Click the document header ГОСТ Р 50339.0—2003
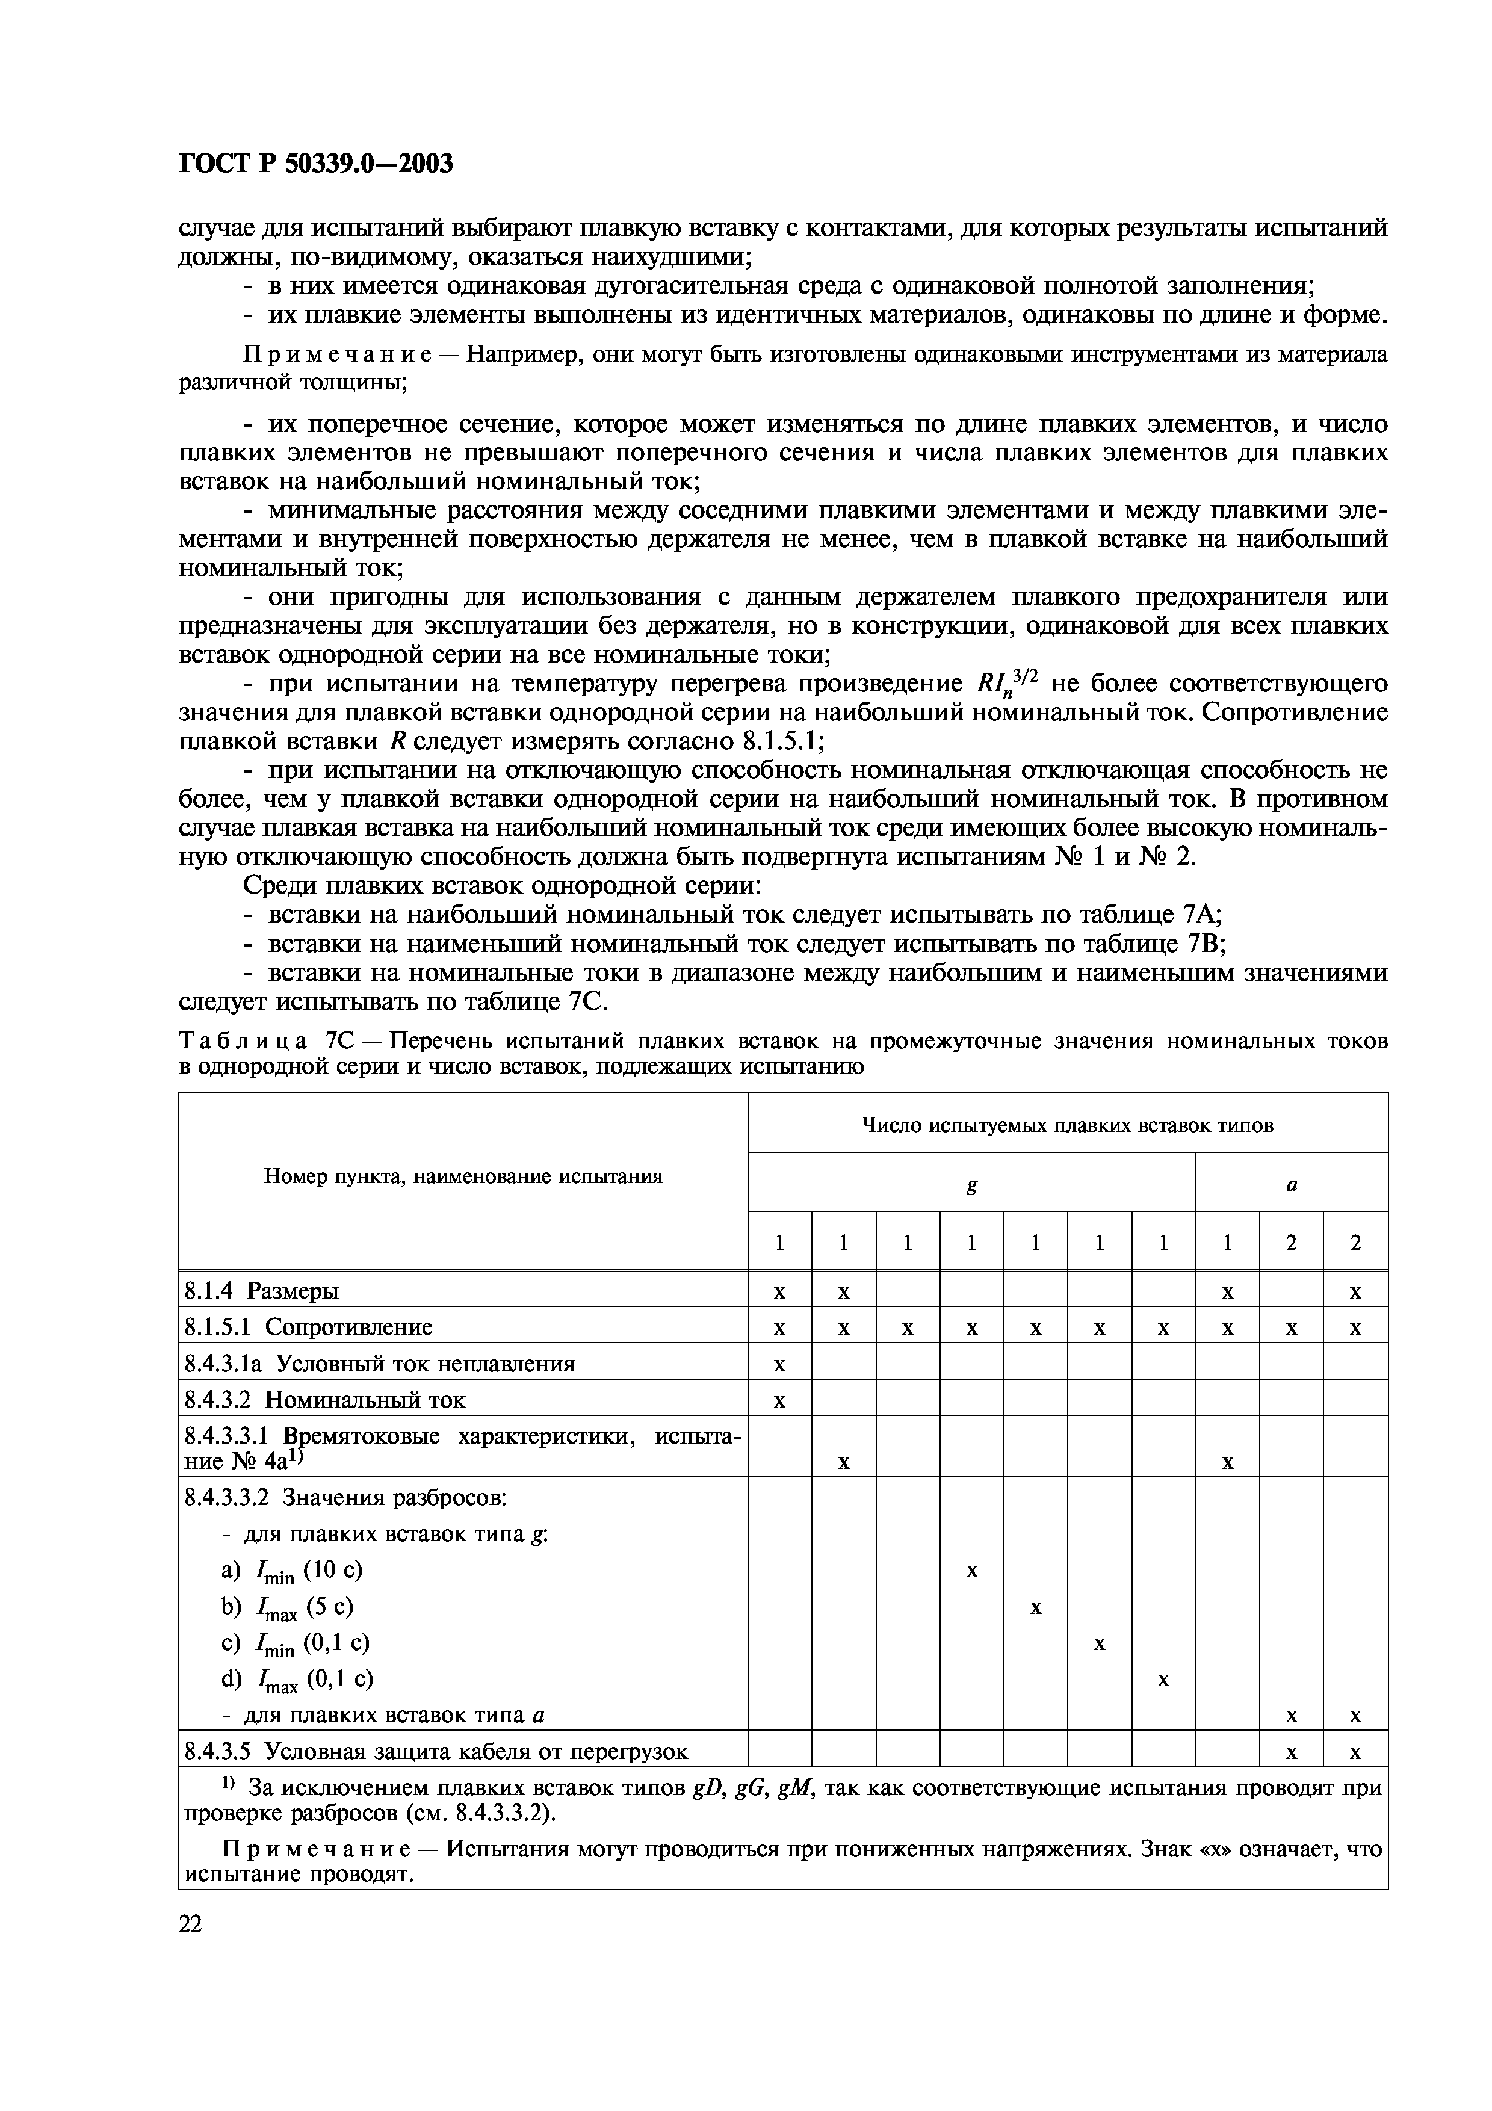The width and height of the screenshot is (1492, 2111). tap(315, 164)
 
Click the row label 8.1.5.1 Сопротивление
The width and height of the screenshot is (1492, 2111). tap(308, 1327)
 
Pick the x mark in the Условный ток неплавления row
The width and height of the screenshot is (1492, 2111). tap(779, 1364)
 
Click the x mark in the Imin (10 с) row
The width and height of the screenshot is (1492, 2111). tap(971, 1571)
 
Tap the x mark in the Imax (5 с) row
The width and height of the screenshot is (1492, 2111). tap(1035, 1607)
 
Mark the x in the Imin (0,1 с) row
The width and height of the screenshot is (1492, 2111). tap(1100, 1643)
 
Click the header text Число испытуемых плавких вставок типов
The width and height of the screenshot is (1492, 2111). tap(1067, 1125)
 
